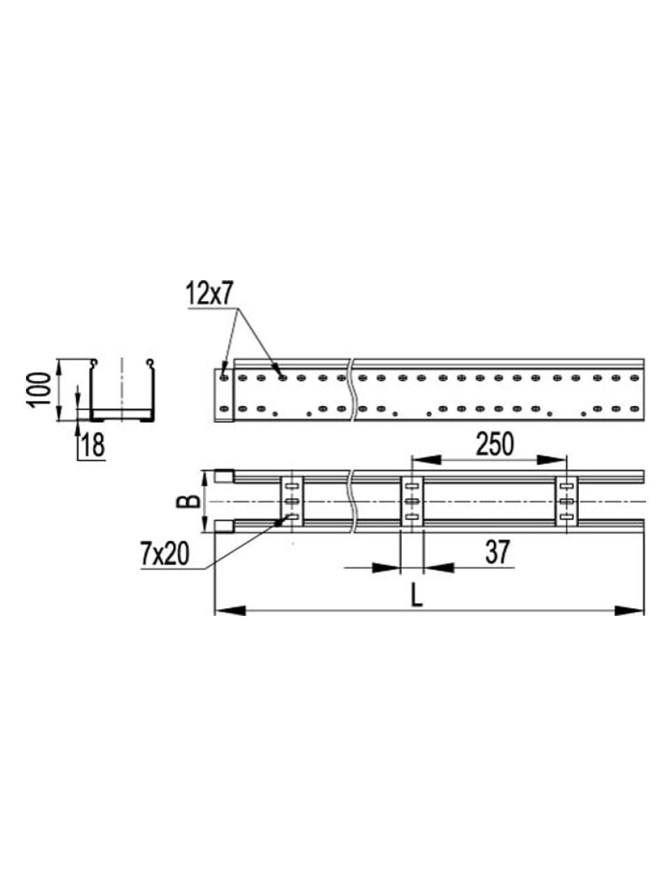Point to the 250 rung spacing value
pyautogui.click(x=496, y=445)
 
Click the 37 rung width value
pyautogui.click(x=498, y=552)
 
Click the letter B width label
pyautogui.click(x=188, y=501)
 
